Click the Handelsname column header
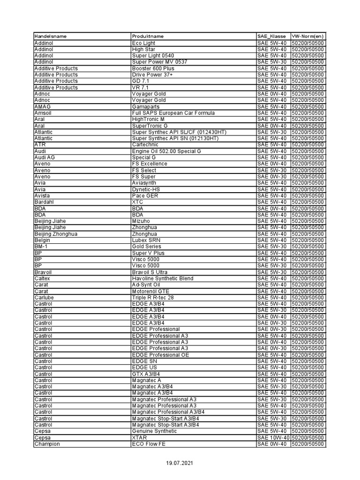coord(51,37)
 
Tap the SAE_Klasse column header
coord(271,37)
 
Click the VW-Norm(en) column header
coord(307,37)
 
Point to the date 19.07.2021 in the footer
coord(180,463)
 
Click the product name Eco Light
coord(143,43)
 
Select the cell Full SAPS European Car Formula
coord(173,113)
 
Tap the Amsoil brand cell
coord(42,113)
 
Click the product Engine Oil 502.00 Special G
coord(166,151)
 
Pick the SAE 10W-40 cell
coord(273,437)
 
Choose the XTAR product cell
coord(140,437)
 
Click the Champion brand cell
coord(47,444)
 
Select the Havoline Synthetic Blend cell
coord(163,278)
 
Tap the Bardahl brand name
coord(44,202)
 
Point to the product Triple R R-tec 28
coord(153,298)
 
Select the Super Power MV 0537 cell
coord(159,62)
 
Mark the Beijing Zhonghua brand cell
coord(56,234)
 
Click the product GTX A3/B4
coord(146,374)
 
